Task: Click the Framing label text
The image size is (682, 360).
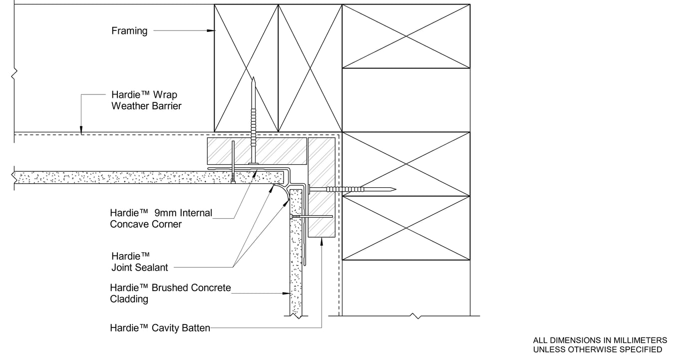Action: (129, 31)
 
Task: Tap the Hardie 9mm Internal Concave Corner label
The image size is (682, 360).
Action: (161, 219)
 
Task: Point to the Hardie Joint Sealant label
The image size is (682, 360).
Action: (139, 262)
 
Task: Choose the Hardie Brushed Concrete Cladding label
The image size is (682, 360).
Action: (170, 293)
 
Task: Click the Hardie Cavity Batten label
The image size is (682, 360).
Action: (160, 328)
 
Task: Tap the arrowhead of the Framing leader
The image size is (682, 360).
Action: (212, 31)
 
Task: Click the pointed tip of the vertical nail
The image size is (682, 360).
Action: (253, 78)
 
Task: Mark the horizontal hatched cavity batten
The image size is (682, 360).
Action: (257, 150)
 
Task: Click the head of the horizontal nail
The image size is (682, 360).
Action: (310, 189)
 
